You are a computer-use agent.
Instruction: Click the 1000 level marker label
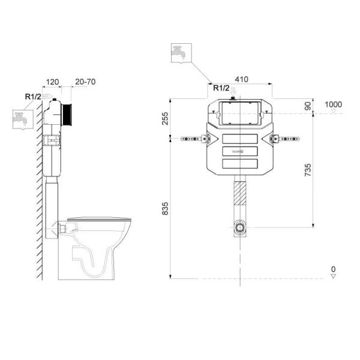(333, 104)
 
